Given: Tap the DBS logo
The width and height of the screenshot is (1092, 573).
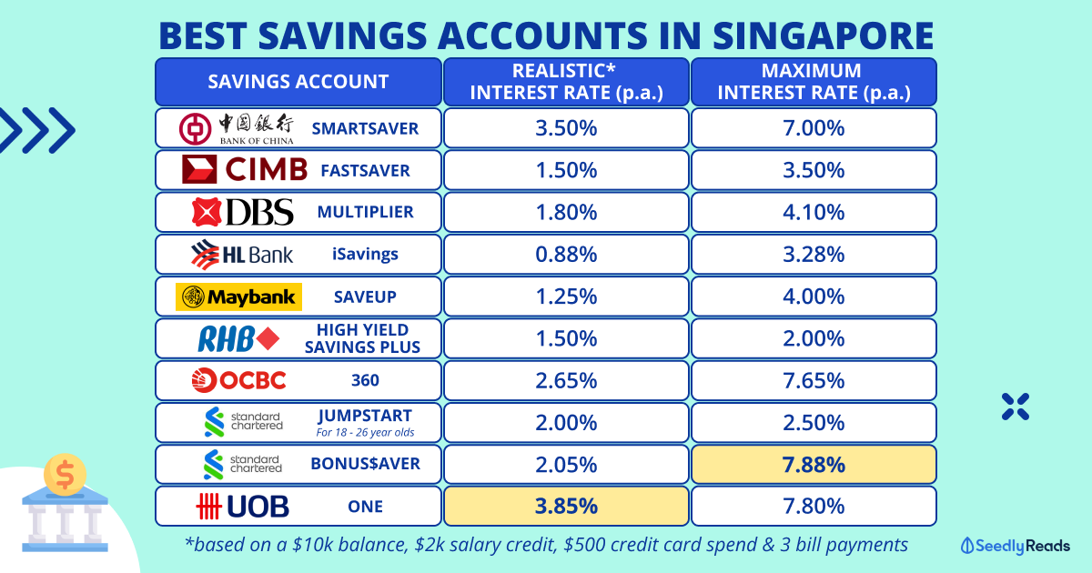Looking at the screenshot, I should coord(243,212).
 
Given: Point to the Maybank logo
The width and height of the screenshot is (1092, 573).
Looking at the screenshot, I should coord(238,297).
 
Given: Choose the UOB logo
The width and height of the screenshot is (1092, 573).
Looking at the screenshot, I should coord(241,506).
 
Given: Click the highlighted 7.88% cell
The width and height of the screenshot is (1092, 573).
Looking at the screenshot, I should coord(814,464).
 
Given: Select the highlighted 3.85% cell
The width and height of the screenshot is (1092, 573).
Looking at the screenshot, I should coord(566,506).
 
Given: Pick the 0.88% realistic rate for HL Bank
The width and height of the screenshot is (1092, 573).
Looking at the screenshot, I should coord(566,254).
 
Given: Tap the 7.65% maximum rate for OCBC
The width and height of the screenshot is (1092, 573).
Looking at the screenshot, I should coord(814,380).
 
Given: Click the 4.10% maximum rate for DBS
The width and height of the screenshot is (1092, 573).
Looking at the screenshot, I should coord(814,212).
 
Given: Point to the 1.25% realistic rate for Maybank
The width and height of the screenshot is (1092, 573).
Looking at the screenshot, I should coord(566,297).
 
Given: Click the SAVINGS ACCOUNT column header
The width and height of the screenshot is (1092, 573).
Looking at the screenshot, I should coord(298,81).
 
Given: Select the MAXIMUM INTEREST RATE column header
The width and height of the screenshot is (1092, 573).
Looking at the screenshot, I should coord(814,81).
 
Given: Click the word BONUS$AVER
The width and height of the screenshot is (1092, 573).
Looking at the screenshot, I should coord(366,464).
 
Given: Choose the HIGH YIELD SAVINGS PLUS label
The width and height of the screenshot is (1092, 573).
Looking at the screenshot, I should coord(368,337).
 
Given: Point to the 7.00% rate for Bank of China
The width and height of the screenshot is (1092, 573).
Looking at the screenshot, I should coord(814,128).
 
